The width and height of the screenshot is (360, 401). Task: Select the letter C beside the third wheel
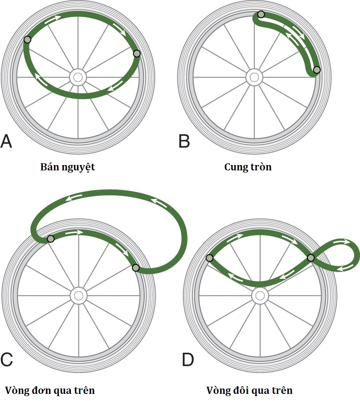pos(7,359)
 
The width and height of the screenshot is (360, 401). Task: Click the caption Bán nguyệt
pos(68,168)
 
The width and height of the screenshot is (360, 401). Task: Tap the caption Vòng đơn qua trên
pos(49,391)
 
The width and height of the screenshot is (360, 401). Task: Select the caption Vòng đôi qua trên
pos(250,391)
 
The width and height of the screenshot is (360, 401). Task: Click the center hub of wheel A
pos(78,77)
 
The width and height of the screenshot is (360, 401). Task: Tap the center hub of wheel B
pos(254,77)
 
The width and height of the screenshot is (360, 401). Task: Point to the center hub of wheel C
pos(79,295)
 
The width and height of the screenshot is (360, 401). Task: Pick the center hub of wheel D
pos(260,295)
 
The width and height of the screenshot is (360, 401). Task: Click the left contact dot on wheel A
pos(28,40)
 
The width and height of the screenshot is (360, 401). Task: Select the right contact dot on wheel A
pos(137,54)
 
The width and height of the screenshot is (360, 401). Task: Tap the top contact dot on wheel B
pos(261,15)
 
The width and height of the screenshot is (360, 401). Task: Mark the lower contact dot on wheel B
pos(317,70)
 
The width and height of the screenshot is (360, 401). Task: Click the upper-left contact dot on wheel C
pos(51,239)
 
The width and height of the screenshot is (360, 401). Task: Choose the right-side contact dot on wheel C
pos(136,268)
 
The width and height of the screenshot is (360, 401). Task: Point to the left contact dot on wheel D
pos(209,258)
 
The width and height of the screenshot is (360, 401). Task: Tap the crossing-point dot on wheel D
pos(311,258)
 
